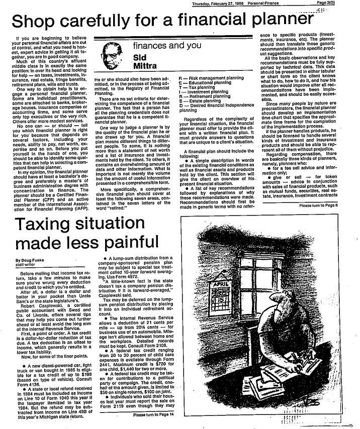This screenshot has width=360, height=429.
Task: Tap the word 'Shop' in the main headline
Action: point(34,21)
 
